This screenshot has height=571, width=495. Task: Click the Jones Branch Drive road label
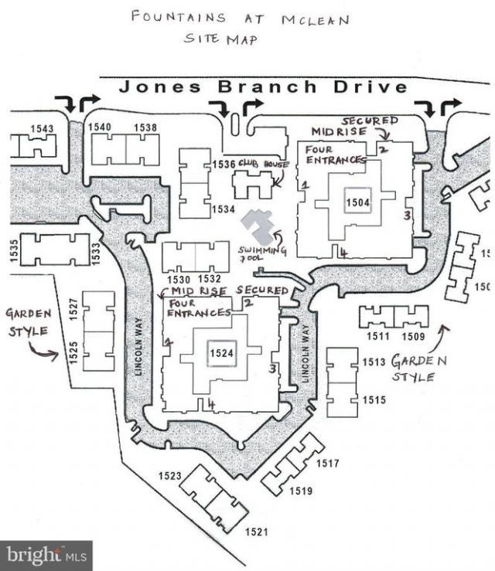(x=263, y=87)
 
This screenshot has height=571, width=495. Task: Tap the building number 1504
(x=358, y=202)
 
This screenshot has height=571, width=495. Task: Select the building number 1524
(x=220, y=352)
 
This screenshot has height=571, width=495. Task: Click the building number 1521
(x=256, y=532)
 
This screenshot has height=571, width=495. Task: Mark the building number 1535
(x=13, y=252)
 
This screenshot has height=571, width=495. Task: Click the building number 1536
(x=223, y=164)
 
